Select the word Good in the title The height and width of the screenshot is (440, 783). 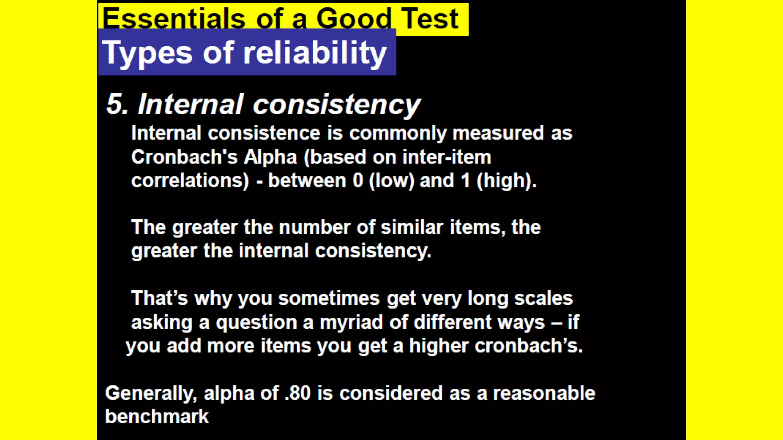pyautogui.click(x=354, y=19)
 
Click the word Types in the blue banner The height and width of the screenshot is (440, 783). pyautogui.click(x=147, y=53)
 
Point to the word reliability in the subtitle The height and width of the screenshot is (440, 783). pyautogui.click(x=315, y=52)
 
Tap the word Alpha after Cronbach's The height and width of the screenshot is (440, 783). pyautogui.click(x=270, y=157)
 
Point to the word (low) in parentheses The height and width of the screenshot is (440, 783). pyautogui.click(x=391, y=181)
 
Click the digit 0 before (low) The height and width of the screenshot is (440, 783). pyautogui.click(x=358, y=181)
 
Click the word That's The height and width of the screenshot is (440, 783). pyautogui.click(x=159, y=298)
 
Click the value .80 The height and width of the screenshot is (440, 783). pyautogui.click(x=297, y=393)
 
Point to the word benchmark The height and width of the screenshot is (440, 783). pyautogui.click(x=157, y=416)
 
